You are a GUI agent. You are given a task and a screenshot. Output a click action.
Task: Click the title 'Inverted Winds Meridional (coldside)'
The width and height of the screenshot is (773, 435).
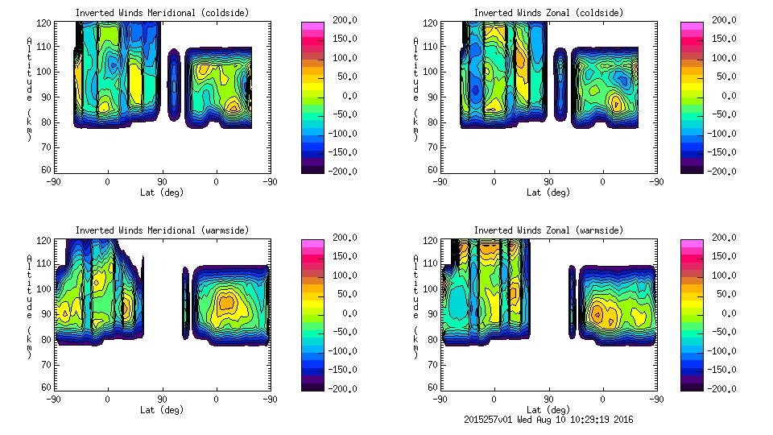pos(162,13)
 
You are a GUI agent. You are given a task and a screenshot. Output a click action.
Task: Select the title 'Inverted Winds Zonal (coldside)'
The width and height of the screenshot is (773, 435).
pos(548,13)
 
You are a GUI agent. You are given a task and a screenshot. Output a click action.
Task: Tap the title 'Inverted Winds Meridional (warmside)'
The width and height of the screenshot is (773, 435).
pos(162,230)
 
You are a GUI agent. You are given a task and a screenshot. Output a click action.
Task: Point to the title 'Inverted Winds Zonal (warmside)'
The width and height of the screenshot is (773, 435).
pos(548,230)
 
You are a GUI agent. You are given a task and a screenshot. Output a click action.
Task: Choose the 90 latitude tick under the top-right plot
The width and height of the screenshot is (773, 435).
pos(548,182)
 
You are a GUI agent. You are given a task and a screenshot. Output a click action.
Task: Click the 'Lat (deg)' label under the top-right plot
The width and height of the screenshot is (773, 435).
pos(548,193)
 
